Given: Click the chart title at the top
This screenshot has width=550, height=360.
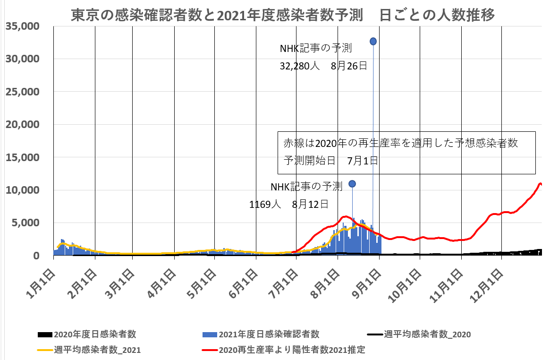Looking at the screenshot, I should [x=283, y=15].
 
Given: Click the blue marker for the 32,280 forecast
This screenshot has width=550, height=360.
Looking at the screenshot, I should [x=373, y=42].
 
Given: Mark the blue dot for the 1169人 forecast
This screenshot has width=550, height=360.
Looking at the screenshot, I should [x=352, y=184].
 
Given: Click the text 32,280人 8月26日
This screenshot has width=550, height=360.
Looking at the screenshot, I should [x=323, y=66].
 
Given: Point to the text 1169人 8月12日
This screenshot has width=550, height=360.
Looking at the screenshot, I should [x=288, y=205].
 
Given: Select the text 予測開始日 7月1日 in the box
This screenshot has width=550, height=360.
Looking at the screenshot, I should [x=330, y=161].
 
